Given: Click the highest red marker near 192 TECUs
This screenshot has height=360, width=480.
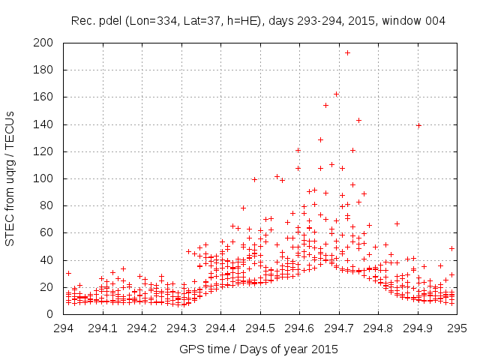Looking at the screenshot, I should coord(347,52).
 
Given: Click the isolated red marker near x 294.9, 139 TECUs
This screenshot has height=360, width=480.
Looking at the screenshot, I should coord(418,125).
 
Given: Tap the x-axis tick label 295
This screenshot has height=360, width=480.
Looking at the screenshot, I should coord(457,328).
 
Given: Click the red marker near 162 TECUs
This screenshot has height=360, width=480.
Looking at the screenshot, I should coord(336,94).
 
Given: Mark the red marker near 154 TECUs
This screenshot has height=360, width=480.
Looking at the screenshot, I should coord(325,105).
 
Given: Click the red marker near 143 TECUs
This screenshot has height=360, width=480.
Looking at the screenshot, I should coord(358,120).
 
